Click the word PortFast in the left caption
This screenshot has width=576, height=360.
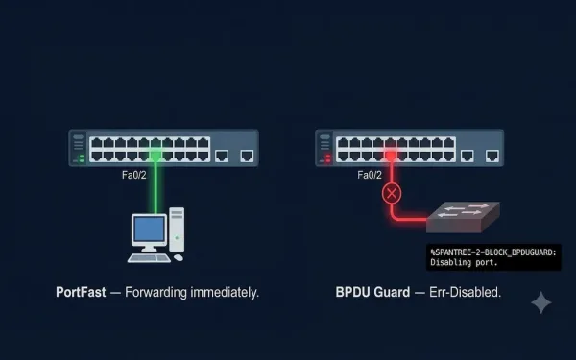coord(81,293)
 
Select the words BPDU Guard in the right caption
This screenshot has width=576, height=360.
coord(372,293)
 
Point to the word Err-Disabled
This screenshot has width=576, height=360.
coord(465,293)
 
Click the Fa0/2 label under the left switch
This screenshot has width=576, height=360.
coord(134,175)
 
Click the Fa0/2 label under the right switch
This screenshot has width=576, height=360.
coord(370,175)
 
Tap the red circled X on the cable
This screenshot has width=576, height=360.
coord(392,194)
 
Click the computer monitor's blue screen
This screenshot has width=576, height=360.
coord(149,228)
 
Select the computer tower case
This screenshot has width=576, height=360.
coord(177,229)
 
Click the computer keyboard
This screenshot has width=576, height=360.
coord(149,258)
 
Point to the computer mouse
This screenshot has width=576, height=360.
coord(179,258)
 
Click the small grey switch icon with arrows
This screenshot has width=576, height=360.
coord(463,217)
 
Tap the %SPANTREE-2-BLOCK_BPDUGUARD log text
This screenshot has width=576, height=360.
coord(493,252)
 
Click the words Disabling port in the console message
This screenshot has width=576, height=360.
coord(464,262)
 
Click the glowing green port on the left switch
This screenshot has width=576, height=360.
coord(156,156)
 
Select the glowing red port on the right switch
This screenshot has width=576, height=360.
coord(391,156)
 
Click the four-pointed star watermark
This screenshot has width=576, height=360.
coord(541,302)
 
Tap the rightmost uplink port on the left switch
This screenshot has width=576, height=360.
coord(247,156)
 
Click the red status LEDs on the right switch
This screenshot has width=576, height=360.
coord(328,158)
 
